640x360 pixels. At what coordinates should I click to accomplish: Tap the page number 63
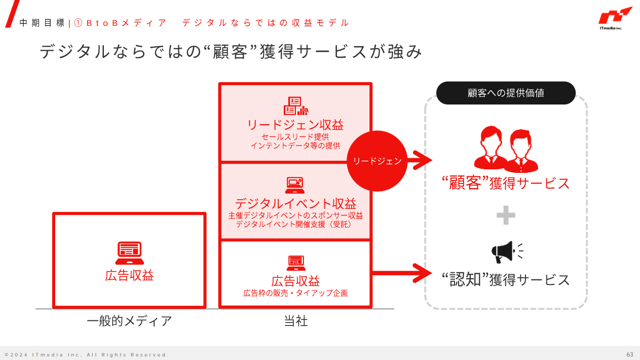tap(630, 354)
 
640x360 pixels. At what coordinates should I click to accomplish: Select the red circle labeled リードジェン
tap(377, 161)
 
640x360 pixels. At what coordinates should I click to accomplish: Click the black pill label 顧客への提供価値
tap(506, 93)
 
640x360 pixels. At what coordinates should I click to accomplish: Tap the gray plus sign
tap(506, 217)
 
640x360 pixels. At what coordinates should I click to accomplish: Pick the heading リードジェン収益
tap(295, 125)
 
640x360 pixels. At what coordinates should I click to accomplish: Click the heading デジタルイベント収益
tap(295, 204)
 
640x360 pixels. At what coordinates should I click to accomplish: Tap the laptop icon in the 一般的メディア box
tap(129, 253)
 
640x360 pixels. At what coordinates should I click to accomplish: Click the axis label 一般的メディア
tap(129, 321)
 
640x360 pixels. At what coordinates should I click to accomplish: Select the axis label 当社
tap(295, 321)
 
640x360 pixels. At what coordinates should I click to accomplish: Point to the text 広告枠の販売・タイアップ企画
tap(295, 293)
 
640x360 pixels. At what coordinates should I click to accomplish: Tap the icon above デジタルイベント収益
tap(295, 185)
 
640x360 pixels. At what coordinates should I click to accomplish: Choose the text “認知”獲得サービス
tap(506, 280)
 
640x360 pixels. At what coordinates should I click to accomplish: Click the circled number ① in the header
tap(78, 23)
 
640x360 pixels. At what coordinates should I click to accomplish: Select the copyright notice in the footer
tap(87, 354)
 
